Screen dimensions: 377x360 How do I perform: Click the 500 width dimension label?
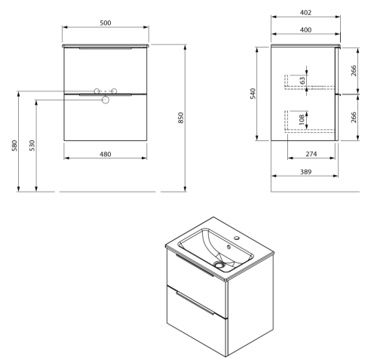tap(106, 23)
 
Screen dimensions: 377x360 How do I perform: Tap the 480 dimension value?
tap(106, 154)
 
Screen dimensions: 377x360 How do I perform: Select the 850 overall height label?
tap(181, 118)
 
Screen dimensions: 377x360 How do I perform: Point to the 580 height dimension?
tap(14, 146)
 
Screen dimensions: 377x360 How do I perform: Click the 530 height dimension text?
tap(32, 146)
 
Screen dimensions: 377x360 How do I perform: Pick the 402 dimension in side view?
tap(305, 13)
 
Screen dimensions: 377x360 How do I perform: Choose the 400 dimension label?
tap(305, 30)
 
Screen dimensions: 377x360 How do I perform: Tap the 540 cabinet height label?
tap(253, 94)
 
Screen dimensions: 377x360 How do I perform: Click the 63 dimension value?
tap(303, 81)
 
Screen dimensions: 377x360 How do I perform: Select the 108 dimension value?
tap(302, 119)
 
